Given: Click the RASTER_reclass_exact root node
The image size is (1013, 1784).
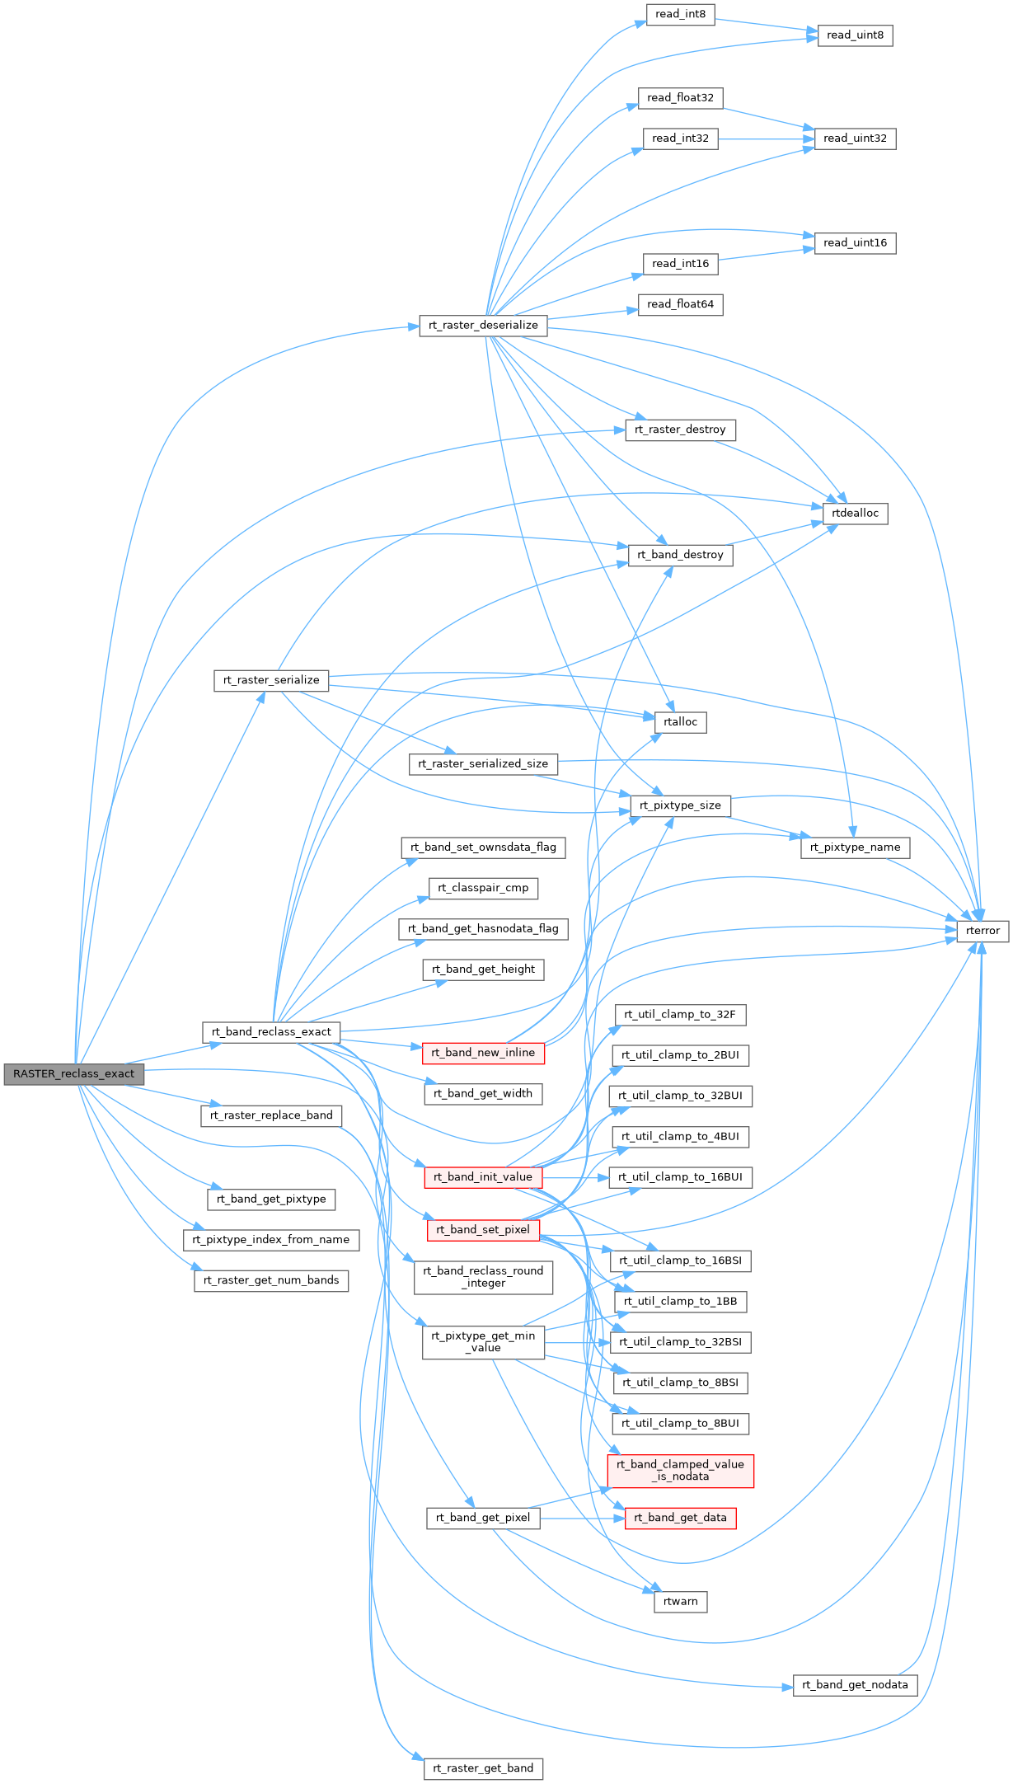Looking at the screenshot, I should [x=73, y=1074].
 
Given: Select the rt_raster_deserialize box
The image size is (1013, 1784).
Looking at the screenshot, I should [x=483, y=326].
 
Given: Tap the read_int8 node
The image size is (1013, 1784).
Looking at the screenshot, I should [x=680, y=15].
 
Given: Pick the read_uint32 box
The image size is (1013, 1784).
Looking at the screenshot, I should [x=855, y=138].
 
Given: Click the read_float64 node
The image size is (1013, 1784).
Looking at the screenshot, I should [x=680, y=304].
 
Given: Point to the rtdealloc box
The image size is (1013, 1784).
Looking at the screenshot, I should [x=855, y=514].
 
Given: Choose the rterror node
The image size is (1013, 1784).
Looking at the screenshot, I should [x=983, y=931].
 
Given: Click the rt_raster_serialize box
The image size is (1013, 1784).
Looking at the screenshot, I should [x=271, y=681].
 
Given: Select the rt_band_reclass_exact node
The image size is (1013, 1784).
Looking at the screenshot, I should [x=271, y=1032].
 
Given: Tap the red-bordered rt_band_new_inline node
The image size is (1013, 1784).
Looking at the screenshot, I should [x=483, y=1053].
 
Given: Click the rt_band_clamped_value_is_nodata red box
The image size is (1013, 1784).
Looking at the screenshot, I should [x=680, y=1471].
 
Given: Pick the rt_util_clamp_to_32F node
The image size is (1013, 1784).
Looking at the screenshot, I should [x=680, y=1015].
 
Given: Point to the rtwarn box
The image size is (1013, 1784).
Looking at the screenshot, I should [x=680, y=1602].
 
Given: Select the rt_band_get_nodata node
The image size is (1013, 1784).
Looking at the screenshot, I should [x=855, y=1685].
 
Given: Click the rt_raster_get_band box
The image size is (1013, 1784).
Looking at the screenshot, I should [x=483, y=1768].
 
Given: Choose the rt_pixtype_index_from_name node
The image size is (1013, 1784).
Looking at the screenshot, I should [x=271, y=1240].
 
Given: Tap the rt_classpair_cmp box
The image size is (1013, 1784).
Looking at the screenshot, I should [x=483, y=888].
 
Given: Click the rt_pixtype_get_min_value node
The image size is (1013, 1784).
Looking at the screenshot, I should [x=483, y=1342].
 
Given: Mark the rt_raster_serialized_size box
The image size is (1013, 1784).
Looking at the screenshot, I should [x=483, y=764].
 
